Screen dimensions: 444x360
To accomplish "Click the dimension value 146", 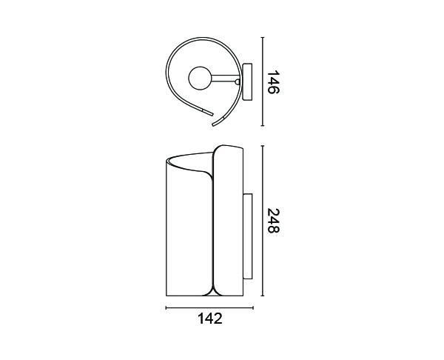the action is coord(273,82).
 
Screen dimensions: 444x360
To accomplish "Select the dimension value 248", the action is coord(274,221).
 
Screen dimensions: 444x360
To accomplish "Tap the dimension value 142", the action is coord(210,319).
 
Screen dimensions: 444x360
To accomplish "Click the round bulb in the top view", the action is coord(200,79).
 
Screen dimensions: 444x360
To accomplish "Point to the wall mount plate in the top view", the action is coord(247,81).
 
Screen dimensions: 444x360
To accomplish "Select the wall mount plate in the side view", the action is coord(247,237).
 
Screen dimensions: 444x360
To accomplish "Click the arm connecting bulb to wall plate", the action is coord(226,79).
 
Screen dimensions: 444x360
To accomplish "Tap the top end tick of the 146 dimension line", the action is coord(263,38).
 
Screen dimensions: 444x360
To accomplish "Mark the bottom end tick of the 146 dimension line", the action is coord(263,125).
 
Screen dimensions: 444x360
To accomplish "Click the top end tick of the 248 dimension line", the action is coord(263,146).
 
